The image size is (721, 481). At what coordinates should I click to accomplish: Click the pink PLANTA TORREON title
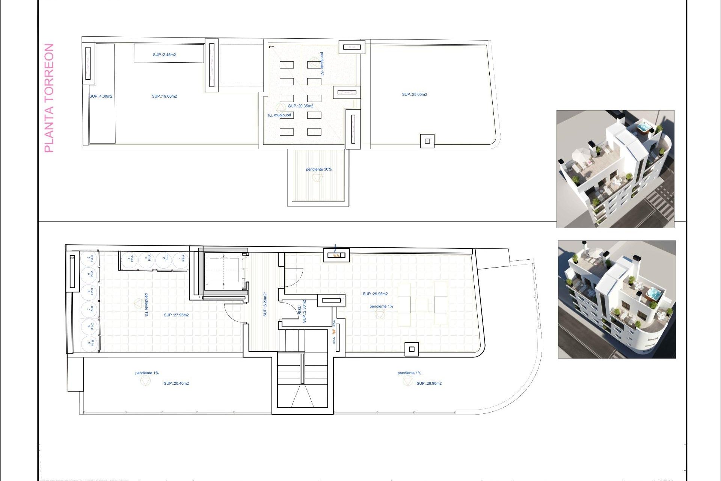click(49, 98)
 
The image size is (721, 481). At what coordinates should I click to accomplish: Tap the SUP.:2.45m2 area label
click(164, 55)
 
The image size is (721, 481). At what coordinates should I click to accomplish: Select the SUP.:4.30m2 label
click(101, 97)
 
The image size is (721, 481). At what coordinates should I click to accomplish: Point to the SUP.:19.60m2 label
click(164, 97)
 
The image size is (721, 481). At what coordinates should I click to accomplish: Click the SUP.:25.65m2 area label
click(414, 95)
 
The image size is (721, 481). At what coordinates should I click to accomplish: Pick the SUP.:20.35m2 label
click(300, 106)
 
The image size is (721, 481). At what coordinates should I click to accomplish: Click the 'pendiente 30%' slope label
click(318, 169)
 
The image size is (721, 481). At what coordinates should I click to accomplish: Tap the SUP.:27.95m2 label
click(176, 315)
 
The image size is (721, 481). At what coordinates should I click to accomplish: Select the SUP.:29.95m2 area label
click(375, 294)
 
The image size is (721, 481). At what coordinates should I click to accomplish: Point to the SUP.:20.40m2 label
click(176, 384)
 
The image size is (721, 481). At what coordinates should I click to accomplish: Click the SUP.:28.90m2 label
click(429, 384)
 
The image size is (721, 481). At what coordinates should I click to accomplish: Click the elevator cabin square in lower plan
click(224, 270)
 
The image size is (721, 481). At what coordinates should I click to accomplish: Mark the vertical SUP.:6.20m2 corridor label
click(265, 304)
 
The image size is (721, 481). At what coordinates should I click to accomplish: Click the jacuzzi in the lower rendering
click(654, 293)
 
